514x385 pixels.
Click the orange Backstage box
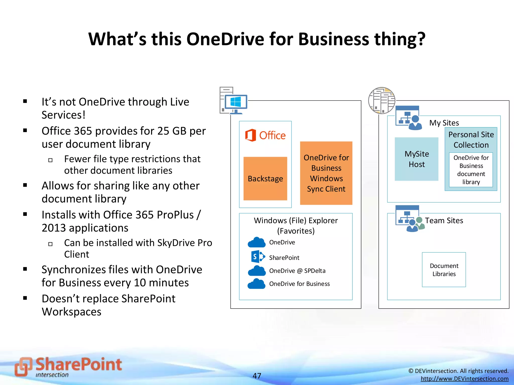click(x=265, y=178)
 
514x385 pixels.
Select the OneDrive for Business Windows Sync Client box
click(x=326, y=173)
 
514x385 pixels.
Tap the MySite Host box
click(x=417, y=159)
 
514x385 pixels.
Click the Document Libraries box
click(x=444, y=270)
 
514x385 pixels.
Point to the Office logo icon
click(x=250, y=135)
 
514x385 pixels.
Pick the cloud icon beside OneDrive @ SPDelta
click(x=256, y=271)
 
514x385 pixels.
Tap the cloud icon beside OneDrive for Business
click(x=256, y=284)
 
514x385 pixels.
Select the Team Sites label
click(x=444, y=221)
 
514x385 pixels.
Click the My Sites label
click(x=444, y=123)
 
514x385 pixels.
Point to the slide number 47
click(x=257, y=375)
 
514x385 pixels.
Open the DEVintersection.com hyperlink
click(x=464, y=378)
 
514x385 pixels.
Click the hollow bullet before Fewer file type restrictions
click(x=50, y=160)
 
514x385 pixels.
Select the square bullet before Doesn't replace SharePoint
click(x=25, y=298)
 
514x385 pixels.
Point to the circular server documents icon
click(x=381, y=101)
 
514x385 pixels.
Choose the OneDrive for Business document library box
click(x=471, y=170)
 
